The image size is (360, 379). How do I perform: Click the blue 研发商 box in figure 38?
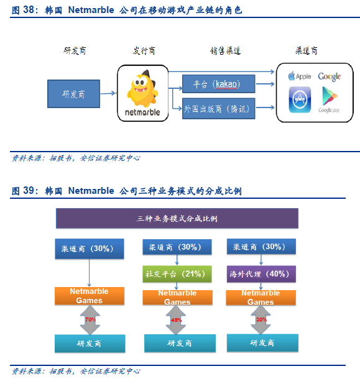pyautogui.click(x=73, y=94)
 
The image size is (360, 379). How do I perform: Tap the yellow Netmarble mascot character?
pyautogui.click(x=143, y=89)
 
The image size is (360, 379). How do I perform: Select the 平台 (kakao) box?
pyautogui.click(x=218, y=84)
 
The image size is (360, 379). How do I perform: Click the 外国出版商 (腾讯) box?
pyautogui.click(x=218, y=109)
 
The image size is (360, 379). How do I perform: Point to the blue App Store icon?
pyautogui.click(x=300, y=99)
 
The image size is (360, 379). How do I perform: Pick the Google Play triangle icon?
pyautogui.click(x=330, y=96)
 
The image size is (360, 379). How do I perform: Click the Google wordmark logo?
pyautogui.click(x=330, y=76)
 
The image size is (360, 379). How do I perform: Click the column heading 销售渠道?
pyautogui.click(x=225, y=51)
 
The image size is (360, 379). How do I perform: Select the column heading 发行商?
pyautogui.click(x=144, y=51)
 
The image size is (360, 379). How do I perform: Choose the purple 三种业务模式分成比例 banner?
pyautogui.click(x=177, y=218)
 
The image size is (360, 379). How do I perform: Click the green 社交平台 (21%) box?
pyautogui.click(x=177, y=274)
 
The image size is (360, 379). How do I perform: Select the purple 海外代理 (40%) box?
pyautogui.click(x=261, y=274)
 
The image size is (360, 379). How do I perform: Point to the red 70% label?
pyautogui.click(x=90, y=319)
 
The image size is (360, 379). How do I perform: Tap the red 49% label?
pyautogui.click(x=176, y=320)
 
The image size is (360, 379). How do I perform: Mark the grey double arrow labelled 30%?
pyautogui.click(x=261, y=319)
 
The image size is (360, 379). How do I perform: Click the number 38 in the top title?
pyautogui.click(x=29, y=10)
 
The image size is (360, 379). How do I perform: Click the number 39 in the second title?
pyautogui.click(x=29, y=191)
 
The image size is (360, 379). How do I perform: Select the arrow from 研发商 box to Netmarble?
pyautogui.click(x=108, y=93)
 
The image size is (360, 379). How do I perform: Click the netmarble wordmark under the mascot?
pyautogui.click(x=142, y=112)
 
